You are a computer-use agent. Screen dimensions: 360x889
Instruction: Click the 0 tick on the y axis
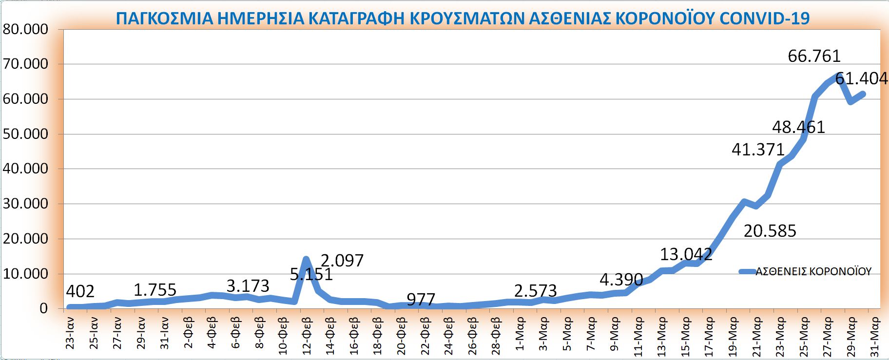[x=44, y=308]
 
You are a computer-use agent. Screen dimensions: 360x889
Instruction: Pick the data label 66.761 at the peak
[x=814, y=57]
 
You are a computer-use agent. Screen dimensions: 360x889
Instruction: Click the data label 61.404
[x=861, y=78]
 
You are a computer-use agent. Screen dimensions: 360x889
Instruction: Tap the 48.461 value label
[x=798, y=127]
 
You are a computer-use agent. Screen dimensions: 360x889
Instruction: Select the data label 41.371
[x=758, y=150]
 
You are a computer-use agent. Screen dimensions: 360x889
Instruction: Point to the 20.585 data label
[x=770, y=230]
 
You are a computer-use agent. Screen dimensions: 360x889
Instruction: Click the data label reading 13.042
[x=686, y=254]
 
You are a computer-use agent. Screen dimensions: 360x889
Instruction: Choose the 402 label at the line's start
[x=80, y=291]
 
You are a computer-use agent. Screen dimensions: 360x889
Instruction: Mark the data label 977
[x=421, y=299]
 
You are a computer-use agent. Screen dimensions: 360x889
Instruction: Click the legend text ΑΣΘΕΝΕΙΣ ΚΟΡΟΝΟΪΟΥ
[x=813, y=272]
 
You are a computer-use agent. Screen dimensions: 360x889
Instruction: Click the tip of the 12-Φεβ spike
[x=306, y=259]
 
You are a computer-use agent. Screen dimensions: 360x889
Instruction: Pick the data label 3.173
[x=248, y=286]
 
